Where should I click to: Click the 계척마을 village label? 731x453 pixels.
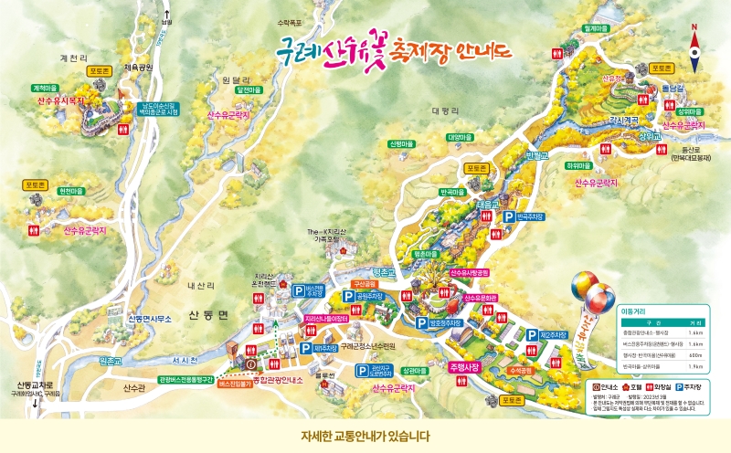[45, 88]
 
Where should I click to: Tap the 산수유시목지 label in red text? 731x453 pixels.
[65, 101]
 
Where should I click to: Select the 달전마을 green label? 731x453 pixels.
[249, 90]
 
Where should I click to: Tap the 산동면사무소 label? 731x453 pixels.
[151, 319]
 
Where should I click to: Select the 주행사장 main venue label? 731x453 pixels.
[464, 367]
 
